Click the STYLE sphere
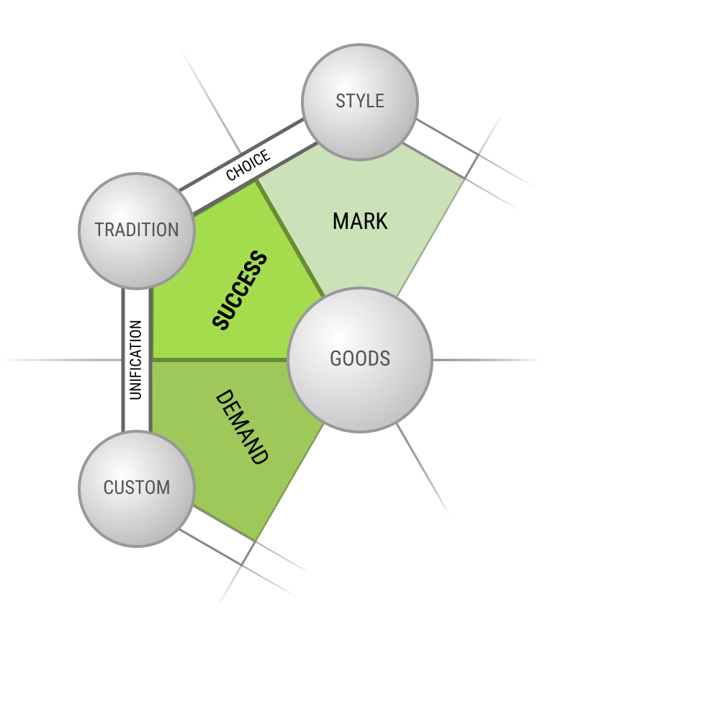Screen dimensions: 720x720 tap(359, 102)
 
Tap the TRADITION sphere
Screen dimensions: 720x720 tap(137, 231)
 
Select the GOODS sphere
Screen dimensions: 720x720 tap(359, 360)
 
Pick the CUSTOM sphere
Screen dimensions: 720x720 tap(137, 489)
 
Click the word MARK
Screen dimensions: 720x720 tap(360, 221)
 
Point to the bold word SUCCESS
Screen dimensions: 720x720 tap(240, 290)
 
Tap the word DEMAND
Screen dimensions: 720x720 tap(241, 427)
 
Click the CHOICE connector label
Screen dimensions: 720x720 tap(248, 165)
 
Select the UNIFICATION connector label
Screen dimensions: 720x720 tap(135, 360)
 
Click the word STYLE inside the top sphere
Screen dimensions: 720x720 tap(360, 101)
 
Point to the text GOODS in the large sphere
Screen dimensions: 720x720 tap(360, 359)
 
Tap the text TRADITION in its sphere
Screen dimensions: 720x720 tap(137, 230)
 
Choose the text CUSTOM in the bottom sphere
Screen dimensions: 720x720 tap(137, 487)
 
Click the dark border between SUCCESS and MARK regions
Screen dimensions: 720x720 tap(290, 238)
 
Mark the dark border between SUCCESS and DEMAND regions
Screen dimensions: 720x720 tap(220, 360)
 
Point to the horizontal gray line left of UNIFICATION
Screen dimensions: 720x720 tap(61, 360)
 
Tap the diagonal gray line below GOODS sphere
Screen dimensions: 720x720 tap(423, 469)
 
